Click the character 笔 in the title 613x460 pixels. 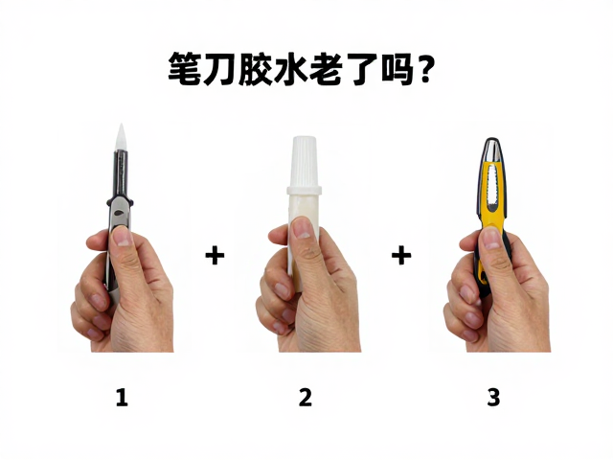click(184, 69)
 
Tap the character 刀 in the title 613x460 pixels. click(219, 69)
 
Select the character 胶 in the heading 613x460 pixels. click(255, 69)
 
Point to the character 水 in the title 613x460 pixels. click(289, 69)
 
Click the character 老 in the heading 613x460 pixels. click(326, 69)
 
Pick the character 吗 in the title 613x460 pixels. click(397, 69)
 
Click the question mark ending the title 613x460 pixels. click(423, 70)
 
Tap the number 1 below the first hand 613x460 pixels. click(122, 397)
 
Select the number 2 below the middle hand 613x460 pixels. click(306, 397)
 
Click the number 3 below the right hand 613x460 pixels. click(493, 397)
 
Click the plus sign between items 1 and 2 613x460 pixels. click(215, 256)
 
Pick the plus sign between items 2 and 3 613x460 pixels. click(401, 256)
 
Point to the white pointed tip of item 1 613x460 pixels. click(121, 137)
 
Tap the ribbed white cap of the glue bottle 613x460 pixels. click(305, 161)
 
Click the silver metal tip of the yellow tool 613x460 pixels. click(492, 150)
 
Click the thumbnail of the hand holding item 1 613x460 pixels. click(123, 236)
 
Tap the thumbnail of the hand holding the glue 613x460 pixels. click(302, 228)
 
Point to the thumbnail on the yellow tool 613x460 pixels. click(491, 238)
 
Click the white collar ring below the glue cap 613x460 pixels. click(305, 191)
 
